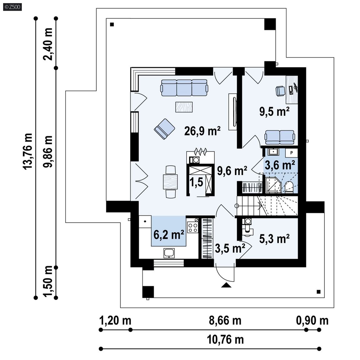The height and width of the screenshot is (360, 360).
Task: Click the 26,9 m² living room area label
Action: coord(202,131)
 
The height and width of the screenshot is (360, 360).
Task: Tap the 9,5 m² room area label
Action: coord(274,111)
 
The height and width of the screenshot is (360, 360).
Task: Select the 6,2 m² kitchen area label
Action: coord(169,234)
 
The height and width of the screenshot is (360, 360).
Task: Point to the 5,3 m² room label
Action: coord(274,239)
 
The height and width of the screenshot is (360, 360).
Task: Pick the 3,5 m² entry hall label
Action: coord(230,248)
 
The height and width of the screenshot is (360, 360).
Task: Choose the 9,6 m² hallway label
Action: coord(232,171)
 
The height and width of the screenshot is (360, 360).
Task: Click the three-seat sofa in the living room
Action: coord(184,87)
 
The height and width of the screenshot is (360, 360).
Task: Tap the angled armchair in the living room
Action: coord(164,128)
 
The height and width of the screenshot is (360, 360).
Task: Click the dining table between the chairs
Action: coord(171,182)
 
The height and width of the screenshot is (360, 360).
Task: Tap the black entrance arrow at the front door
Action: coord(226,285)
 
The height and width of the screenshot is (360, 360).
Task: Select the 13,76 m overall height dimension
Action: coord(28,152)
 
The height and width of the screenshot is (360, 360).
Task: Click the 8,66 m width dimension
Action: coord(225,320)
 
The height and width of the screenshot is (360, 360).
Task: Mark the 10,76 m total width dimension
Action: coord(225,339)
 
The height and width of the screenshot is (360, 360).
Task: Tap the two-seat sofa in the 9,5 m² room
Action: coord(280,136)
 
